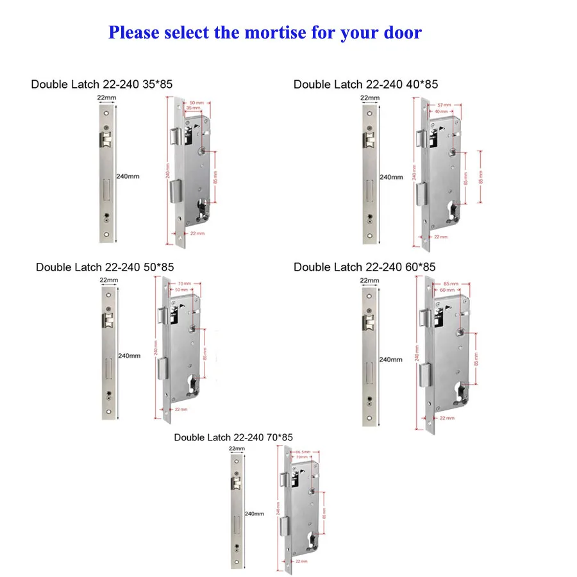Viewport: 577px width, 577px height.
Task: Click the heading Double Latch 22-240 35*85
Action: coord(101,84)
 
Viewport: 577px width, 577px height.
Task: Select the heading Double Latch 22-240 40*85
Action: coord(365,84)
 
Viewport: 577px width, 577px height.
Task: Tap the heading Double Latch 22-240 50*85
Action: coord(105,267)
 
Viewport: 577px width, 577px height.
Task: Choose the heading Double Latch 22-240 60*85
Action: coord(365,267)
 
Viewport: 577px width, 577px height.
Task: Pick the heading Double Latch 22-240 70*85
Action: coord(233,437)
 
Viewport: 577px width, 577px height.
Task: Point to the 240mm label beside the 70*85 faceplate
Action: coord(255,514)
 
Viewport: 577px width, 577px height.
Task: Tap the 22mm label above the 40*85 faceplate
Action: coord(369,98)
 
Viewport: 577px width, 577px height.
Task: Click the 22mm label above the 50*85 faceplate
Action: coord(108,280)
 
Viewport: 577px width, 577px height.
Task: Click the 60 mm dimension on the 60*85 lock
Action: coord(443,290)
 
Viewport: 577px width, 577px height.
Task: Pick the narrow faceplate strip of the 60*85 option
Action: coord(370,356)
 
